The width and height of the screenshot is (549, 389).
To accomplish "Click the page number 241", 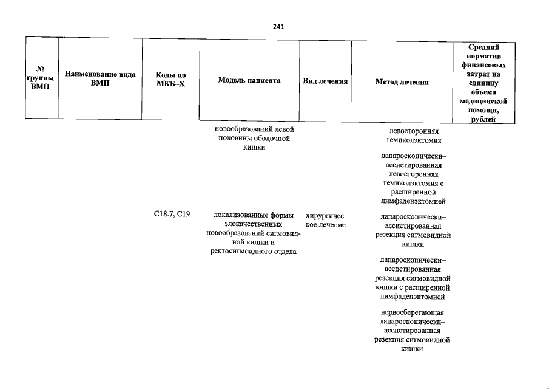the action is click(x=278, y=27).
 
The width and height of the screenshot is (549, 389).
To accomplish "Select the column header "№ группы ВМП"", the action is click(x=40, y=78).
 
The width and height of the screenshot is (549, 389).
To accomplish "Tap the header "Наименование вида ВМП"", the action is click(x=99, y=78).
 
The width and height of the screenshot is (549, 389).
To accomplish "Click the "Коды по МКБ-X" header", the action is click(x=170, y=79).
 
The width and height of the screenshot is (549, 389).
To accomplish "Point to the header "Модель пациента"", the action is click(x=249, y=80).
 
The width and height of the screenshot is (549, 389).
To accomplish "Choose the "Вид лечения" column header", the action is click(x=325, y=81).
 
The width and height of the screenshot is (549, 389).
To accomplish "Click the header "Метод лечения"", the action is click(x=402, y=82).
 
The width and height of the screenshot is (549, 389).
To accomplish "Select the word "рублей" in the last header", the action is click(x=483, y=119).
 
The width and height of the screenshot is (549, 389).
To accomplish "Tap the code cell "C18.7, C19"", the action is click(x=172, y=213).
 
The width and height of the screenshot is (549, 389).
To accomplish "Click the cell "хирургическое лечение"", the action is click(x=325, y=220).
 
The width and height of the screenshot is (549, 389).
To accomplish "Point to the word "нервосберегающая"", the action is click(x=412, y=312).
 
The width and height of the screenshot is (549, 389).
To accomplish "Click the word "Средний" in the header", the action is click(x=483, y=47).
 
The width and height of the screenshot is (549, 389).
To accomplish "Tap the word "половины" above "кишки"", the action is click(x=235, y=138).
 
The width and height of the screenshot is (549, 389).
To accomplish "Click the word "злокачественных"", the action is click(x=253, y=224).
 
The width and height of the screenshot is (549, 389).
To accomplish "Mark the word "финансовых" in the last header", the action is click(x=483, y=65).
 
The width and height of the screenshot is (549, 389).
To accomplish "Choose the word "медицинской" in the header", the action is click(x=483, y=101).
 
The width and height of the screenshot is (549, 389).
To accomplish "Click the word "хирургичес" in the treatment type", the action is click(x=325, y=216).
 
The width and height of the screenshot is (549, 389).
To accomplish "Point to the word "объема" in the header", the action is click(x=483, y=92).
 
